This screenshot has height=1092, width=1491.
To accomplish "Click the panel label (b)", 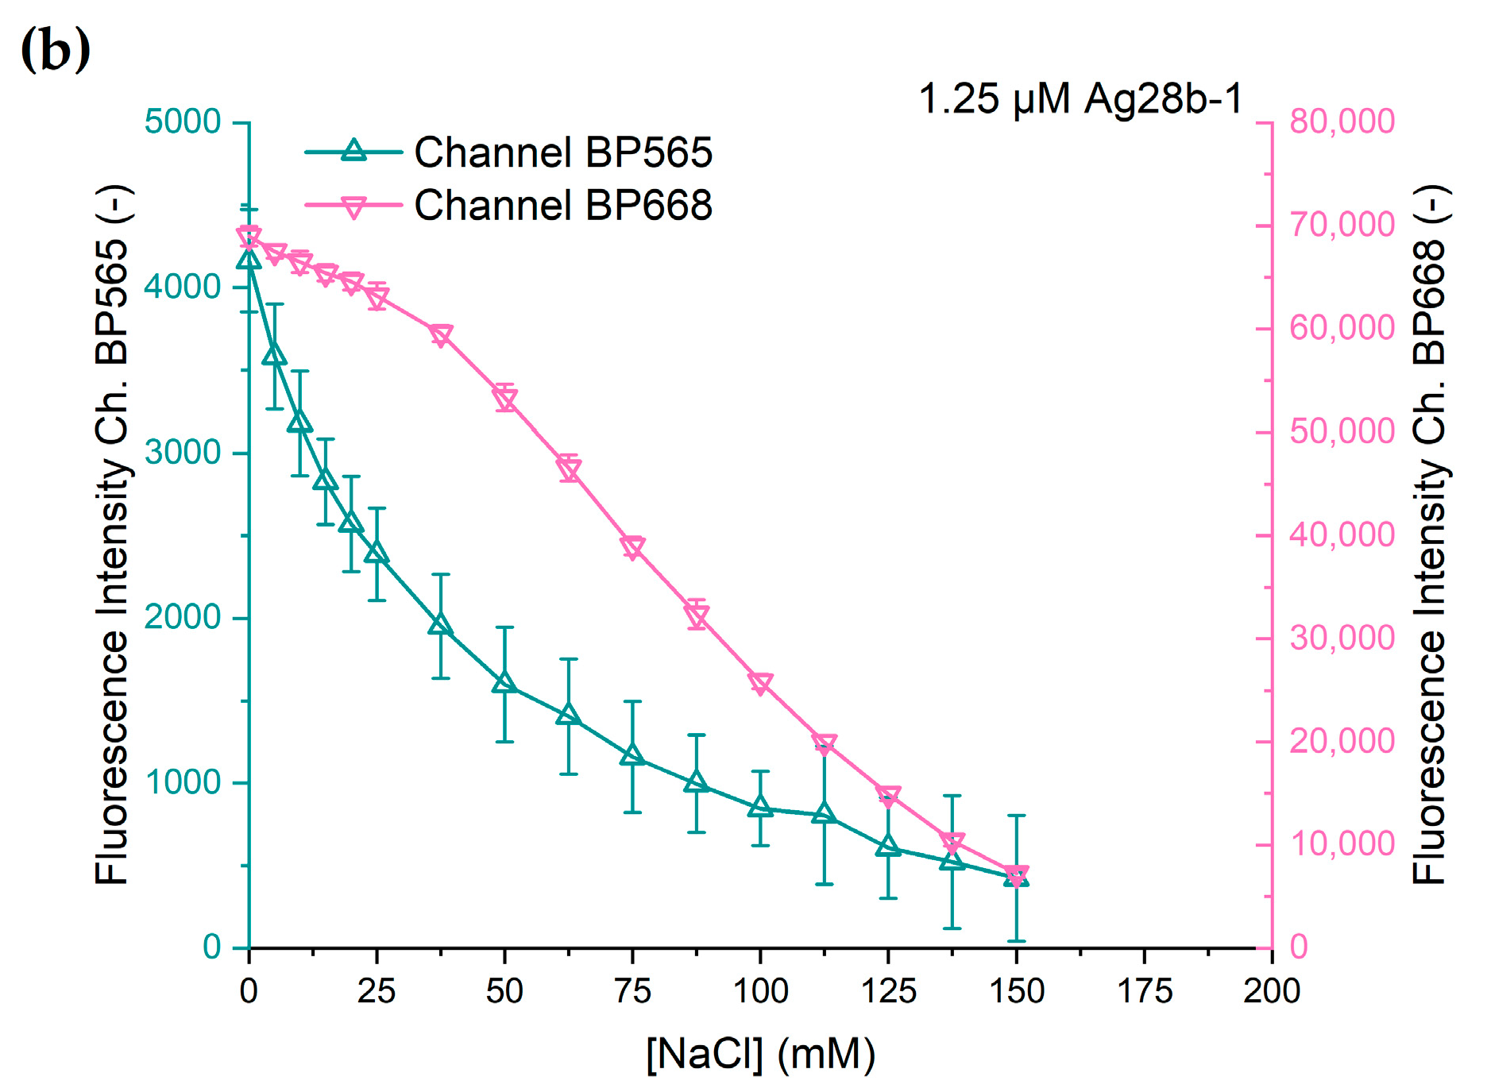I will click(55, 50).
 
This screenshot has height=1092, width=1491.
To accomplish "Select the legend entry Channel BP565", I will click(562, 152).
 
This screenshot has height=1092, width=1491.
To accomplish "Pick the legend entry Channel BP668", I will click(562, 206).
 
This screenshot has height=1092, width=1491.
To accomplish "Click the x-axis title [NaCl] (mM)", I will click(760, 1055).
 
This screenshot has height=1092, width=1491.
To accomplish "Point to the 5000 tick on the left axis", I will click(182, 122).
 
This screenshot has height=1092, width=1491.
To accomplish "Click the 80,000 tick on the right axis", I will click(1342, 122).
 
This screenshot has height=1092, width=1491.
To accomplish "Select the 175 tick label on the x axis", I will click(1144, 991).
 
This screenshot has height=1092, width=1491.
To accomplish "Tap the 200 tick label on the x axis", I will click(1272, 991).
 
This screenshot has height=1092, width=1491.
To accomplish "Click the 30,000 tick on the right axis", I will click(1342, 638).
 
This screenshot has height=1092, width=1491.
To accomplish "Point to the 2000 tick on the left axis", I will click(182, 617).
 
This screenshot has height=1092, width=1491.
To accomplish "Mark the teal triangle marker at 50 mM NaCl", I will click(504, 683).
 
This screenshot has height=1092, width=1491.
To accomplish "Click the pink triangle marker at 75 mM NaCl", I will click(632, 547).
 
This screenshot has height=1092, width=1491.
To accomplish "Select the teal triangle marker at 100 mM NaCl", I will click(760, 807).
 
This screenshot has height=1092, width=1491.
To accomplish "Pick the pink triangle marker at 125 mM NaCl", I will click(888, 795).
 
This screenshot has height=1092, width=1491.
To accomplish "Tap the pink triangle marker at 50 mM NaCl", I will click(504, 399).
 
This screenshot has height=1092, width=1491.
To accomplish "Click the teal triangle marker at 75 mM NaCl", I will click(632, 754).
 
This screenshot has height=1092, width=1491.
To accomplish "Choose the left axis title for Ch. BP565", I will click(112, 534).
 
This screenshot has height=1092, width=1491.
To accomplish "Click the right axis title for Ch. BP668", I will click(1429, 534).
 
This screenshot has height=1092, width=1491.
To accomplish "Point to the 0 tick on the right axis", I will click(1299, 947).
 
